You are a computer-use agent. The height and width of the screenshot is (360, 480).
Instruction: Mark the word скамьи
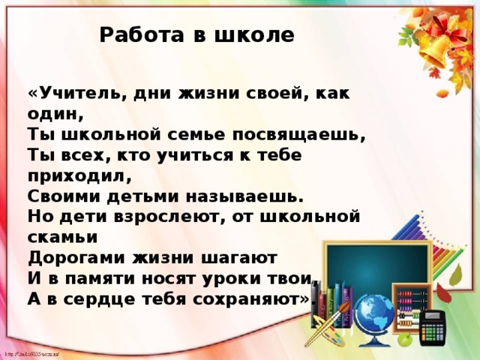63,237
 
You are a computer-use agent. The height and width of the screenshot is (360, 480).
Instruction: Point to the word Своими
64,196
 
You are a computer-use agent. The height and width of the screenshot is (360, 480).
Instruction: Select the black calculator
433,331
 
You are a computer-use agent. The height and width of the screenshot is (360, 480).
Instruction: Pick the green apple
404,340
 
